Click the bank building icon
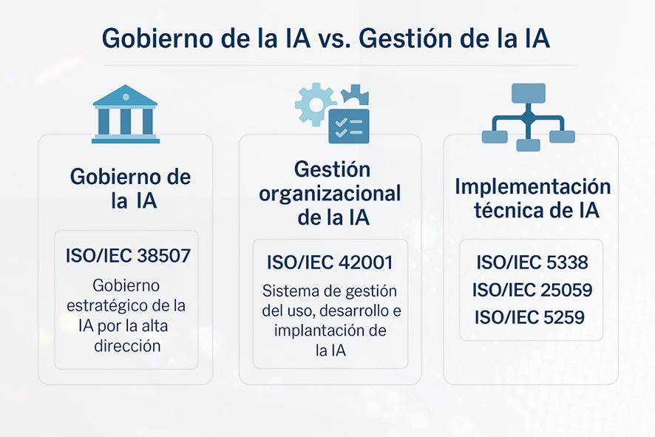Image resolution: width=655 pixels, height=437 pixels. [126, 114]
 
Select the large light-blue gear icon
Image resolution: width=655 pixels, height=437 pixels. [316, 104]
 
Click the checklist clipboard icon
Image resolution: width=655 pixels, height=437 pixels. [349, 126]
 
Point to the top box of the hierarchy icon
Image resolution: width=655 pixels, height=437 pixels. [529, 93]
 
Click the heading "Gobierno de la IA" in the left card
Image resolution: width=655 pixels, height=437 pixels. [131, 189]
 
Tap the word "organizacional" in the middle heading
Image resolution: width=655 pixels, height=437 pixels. [330, 194]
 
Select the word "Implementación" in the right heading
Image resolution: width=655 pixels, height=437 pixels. [532, 186]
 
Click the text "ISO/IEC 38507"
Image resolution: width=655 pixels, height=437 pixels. [128, 255]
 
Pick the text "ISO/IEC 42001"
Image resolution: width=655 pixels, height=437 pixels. [330, 262]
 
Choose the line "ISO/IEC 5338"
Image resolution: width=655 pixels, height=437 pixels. [532, 262]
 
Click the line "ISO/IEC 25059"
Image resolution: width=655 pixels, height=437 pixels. [532, 290]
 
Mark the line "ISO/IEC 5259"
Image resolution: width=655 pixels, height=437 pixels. [529, 317]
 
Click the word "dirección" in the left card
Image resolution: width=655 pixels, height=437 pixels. [127, 346]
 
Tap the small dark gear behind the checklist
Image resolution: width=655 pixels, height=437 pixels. [355, 95]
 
